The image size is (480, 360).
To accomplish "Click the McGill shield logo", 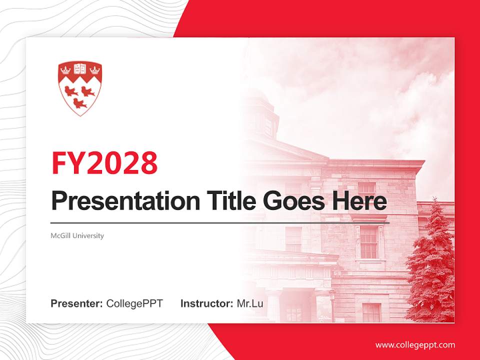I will [80, 88].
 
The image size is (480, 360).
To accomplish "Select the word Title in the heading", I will [224, 201].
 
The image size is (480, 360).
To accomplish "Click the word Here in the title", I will [359, 201].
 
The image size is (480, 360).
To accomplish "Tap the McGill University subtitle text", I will [77, 235].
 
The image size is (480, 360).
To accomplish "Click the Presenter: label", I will [77, 303].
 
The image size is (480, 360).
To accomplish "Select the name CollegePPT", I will [134, 303].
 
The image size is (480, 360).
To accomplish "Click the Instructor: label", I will [206, 303].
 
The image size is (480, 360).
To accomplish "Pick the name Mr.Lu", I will [250, 303].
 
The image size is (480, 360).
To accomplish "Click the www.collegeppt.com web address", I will [415, 345].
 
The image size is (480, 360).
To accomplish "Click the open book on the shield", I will [80, 68].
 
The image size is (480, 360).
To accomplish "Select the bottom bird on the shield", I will [79, 103].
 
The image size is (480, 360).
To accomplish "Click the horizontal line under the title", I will [220, 222].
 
